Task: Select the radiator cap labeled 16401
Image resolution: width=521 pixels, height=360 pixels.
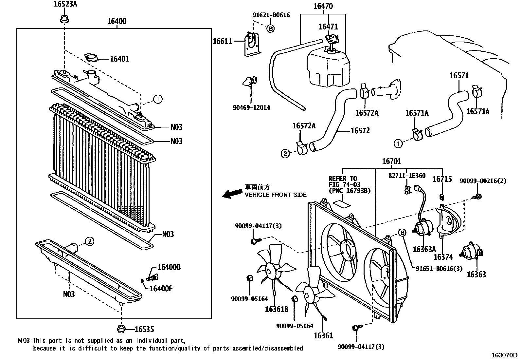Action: (x=91, y=58)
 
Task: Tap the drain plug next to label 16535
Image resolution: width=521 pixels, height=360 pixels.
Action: (x=121, y=329)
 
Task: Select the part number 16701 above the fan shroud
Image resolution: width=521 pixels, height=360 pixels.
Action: (x=391, y=161)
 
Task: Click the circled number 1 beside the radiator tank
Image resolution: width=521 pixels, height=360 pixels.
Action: (x=157, y=99)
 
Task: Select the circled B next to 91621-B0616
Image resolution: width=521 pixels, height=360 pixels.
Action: (x=270, y=29)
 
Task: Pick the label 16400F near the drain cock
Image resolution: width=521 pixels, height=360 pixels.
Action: (x=161, y=289)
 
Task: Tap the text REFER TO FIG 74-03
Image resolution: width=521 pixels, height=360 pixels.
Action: (x=343, y=181)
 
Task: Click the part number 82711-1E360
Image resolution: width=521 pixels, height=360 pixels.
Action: (x=407, y=176)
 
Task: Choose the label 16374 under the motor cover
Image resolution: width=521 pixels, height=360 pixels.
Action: (x=443, y=257)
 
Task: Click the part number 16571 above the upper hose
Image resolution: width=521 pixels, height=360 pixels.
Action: (x=459, y=76)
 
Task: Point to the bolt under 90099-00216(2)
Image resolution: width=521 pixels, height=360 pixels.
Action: (x=477, y=197)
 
